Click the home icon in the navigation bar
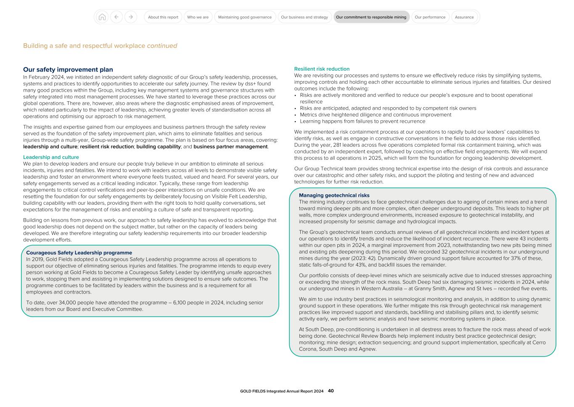click(x=102, y=17)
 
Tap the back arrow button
click(x=116, y=17)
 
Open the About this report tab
click(x=163, y=17)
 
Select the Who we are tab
click(x=198, y=17)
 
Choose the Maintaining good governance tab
click(x=245, y=17)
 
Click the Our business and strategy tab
click(x=304, y=17)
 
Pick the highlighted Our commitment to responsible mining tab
click(x=371, y=17)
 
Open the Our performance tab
click(x=430, y=17)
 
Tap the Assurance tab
click(x=464, y=17)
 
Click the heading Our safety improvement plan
click(x=68, y=70)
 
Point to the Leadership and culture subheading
click(x=51, y=157)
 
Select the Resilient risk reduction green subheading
click(x=322, y=69)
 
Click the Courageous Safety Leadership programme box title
click(x=79, y=253)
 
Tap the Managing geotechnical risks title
click(x=334, y=195)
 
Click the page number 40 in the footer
click(x=331, y=391)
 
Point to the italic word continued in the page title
click(x=162, y=46)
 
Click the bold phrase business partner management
click(x=230, y=147)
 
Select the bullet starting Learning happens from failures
click(x=362, y=121)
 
